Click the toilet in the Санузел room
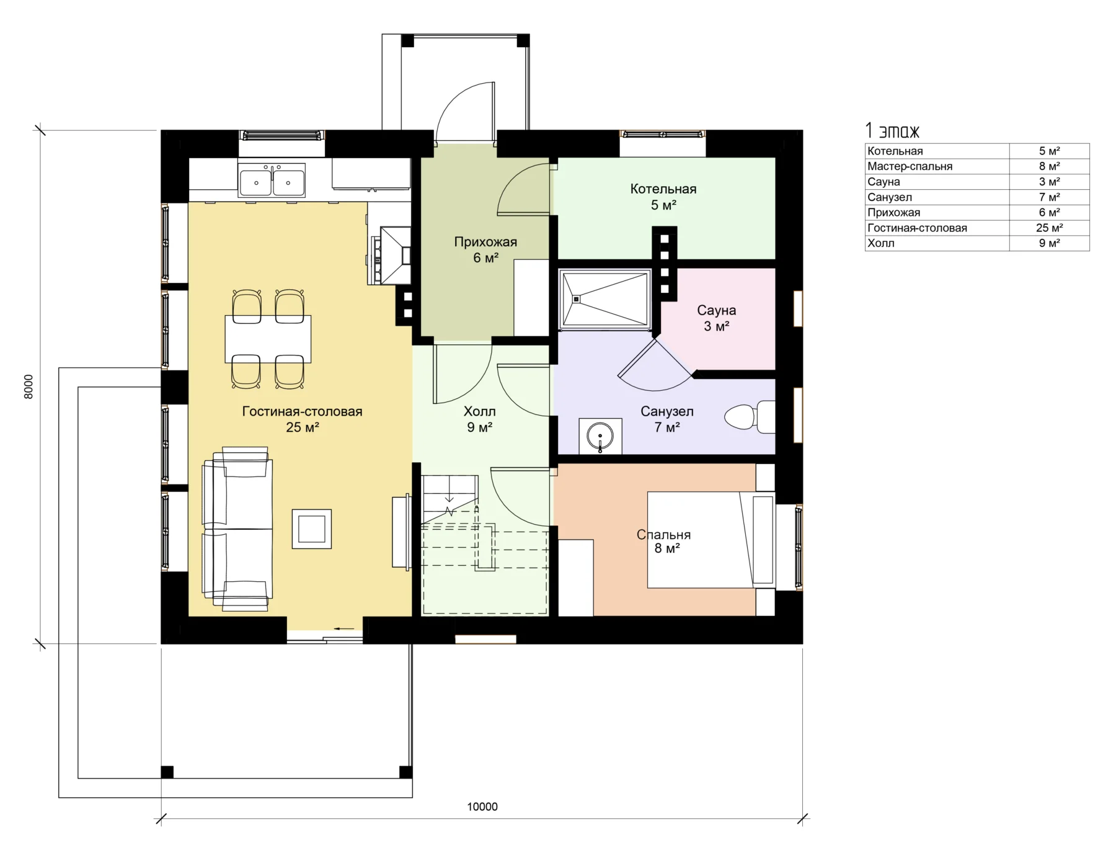tap(749, 416)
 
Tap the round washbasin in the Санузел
tap(600, 435)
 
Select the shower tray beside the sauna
tap(605, 299)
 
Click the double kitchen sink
tap(272, 180)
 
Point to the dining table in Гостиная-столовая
tap(268, 339)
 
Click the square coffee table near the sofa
tap(311, 529)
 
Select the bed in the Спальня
tap(711, 540)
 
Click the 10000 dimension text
tap(482, 806)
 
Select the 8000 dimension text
tap(29, 386)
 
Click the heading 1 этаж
tap(892, 130)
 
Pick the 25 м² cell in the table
tap(1049, 228)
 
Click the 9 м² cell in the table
tap(1049, 243)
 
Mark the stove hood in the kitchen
tap(395, 255)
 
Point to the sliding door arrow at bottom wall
tap(344, 628)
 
